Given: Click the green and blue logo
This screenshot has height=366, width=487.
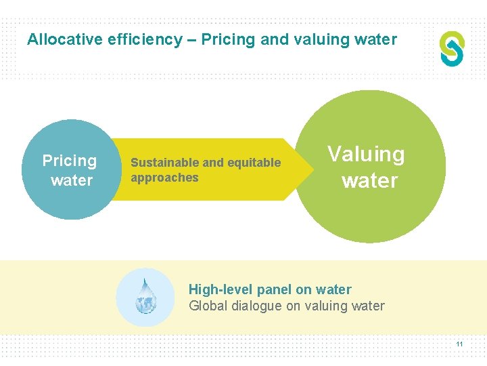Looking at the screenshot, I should click(452, 49).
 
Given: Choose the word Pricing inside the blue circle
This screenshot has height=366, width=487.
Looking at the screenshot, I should click(70, 161).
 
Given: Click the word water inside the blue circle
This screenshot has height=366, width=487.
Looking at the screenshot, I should click(71, 180).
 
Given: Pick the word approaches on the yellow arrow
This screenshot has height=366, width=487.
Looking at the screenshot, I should click(164, 178).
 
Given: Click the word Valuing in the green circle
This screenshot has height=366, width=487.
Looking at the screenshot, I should click(366, 154).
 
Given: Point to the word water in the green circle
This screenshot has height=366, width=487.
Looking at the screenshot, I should click(369, 181).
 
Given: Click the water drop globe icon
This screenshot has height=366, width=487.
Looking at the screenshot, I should click(145, 297).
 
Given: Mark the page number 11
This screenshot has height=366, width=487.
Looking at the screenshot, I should click(459, 344).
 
